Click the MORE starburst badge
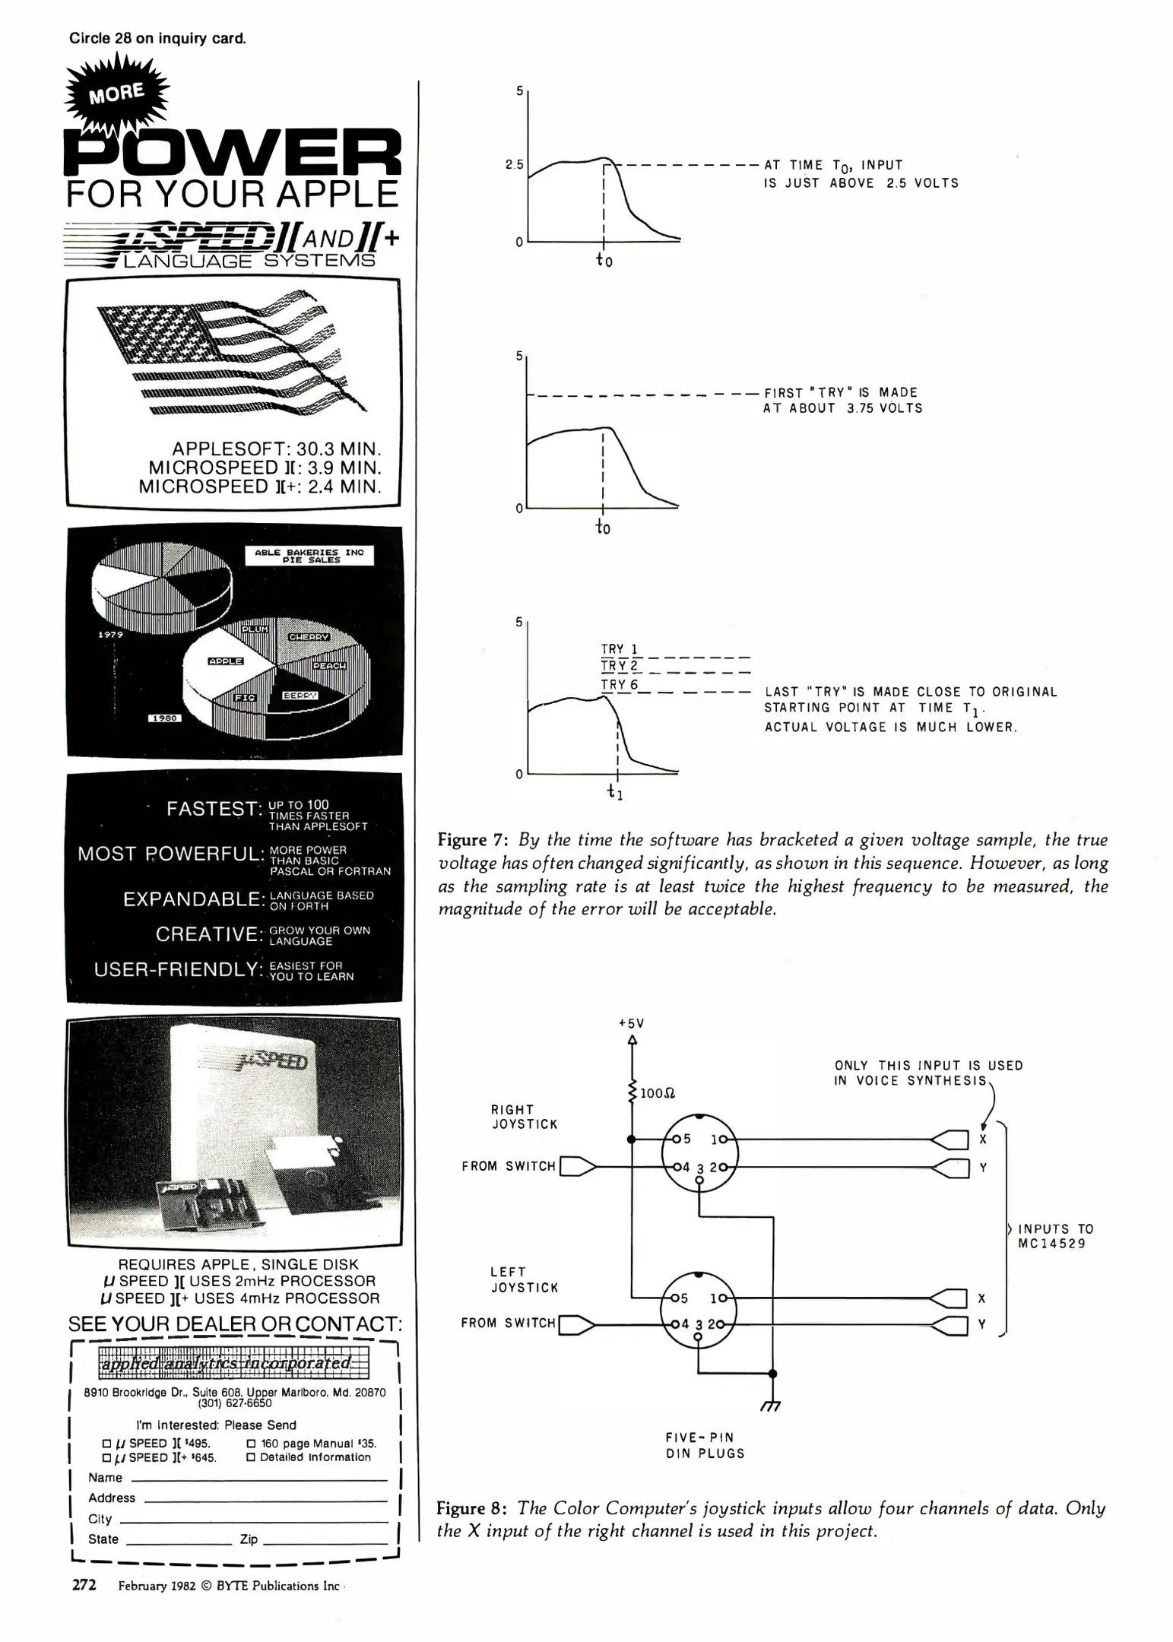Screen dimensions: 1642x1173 116,94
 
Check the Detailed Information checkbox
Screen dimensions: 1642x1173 252,1458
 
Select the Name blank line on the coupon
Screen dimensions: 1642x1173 258,1479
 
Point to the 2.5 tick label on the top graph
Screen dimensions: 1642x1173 514,164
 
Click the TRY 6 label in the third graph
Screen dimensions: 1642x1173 620,685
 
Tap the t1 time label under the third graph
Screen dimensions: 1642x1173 615,793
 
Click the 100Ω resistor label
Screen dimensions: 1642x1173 658,1093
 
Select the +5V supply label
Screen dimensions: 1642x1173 632,1023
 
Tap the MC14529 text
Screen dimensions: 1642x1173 1051,1244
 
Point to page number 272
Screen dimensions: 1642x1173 84,1586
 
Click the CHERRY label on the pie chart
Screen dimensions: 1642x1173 308,637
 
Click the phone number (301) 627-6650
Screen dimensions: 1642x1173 234,1403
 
